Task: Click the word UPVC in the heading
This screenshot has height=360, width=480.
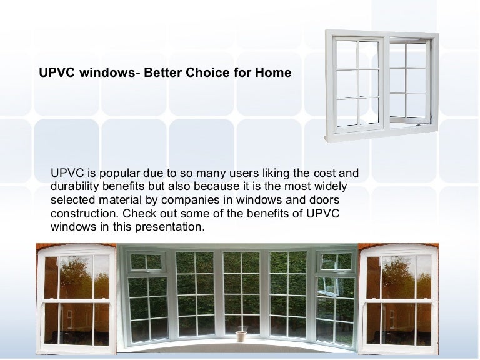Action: (x=56, y=73)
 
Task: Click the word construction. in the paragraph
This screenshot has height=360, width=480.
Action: (x=85, y=214)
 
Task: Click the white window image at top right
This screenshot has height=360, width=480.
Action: (x=382, y=86)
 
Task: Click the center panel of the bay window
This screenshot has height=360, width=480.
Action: (x=241, y=294)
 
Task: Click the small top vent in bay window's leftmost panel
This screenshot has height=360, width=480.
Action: (x=137, y=262)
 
